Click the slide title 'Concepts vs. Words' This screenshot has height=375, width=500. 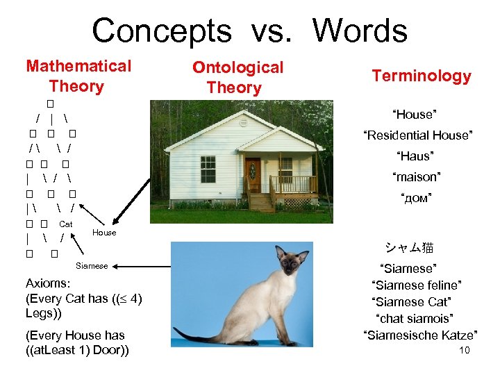249,31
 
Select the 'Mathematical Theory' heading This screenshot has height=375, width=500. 78,76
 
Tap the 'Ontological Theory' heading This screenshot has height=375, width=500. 237,77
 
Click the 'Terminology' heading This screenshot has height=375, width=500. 421,76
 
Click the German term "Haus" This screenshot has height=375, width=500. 415,156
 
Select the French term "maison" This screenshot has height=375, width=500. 416,177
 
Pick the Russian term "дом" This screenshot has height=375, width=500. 415,199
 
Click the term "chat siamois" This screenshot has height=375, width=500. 415,318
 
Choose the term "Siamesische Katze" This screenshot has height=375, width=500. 420,335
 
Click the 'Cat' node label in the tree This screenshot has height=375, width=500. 66,224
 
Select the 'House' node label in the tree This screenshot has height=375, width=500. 104,233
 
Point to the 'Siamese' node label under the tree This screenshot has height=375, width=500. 92,266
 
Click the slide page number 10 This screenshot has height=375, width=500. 465,350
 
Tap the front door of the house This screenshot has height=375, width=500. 252,174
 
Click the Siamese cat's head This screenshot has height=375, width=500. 292,260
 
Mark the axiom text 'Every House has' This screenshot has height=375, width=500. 75,335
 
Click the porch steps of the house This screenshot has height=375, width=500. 262,202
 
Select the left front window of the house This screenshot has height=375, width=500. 208,169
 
